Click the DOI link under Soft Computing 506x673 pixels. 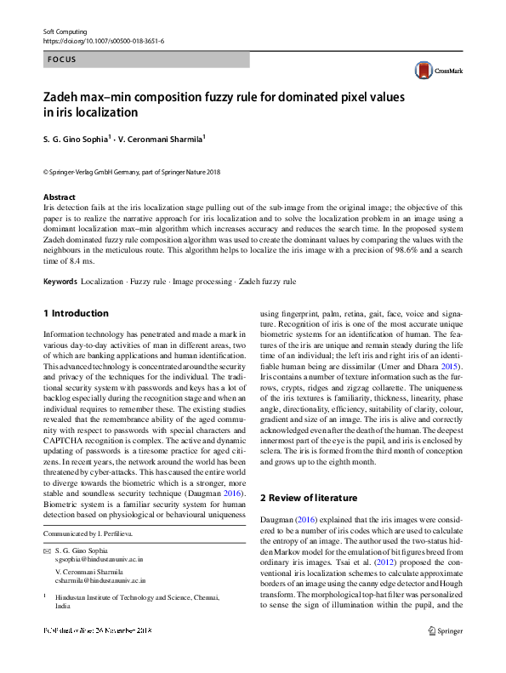[x=103, y=41]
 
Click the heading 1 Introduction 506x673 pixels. [x=76, y=313]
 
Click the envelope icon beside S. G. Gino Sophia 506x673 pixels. [x=47, y=551]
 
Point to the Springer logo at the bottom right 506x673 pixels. [x=446, y=654]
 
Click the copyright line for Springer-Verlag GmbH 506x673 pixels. [x=131, y=171]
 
